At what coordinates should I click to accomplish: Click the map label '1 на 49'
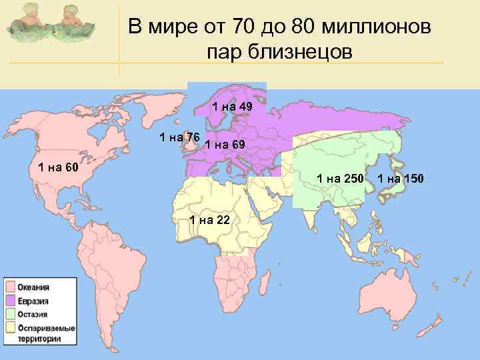pos(231,107)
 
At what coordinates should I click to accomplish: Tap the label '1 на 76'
pos(180,137)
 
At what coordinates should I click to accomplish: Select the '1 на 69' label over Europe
pos(225,145)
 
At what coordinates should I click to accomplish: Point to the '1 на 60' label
pos(58,167)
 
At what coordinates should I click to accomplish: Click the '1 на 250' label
pos(340,178)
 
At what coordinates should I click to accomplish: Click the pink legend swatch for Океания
pos(11,287)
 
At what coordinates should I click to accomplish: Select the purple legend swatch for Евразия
pos(11,301)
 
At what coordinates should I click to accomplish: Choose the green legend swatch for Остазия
pos(11,314)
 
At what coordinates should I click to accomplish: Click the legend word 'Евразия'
pos(33,301)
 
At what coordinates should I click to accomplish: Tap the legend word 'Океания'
pos(33,287)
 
